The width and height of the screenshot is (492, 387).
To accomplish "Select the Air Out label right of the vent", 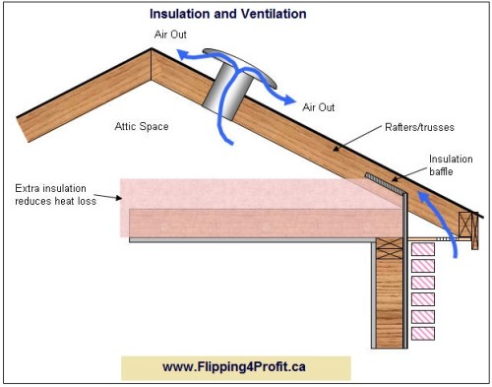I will tap(321, 106).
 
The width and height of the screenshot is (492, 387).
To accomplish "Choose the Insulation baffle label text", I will tap(450, 164).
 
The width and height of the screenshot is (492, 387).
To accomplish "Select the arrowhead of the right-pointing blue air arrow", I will tap(292, 102).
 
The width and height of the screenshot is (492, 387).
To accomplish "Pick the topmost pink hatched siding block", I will tap(422, 249).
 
